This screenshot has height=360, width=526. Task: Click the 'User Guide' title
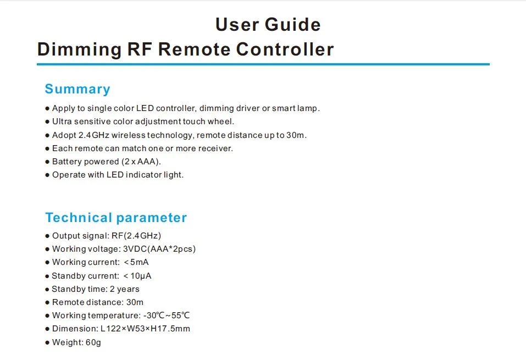(x=268, y=25)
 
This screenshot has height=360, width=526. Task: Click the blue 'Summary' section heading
(x=77, y=89)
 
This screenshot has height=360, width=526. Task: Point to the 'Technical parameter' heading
(x=116, y=218)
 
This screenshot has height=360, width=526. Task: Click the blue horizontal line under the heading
(x=263, y=64)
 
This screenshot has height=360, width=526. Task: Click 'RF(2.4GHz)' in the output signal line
(x=135, y=236)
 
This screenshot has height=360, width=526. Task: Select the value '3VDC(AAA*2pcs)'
(x=159, y=249)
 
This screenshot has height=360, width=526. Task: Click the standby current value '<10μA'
(x=137, y=276)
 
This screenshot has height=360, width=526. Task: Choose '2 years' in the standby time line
(x=124, y=289)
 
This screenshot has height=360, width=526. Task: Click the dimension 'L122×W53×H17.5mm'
(x=145, y=329)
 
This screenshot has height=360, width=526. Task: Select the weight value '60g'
(x=92, y=342)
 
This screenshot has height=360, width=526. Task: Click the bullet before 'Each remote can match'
(x=47, y=148)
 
